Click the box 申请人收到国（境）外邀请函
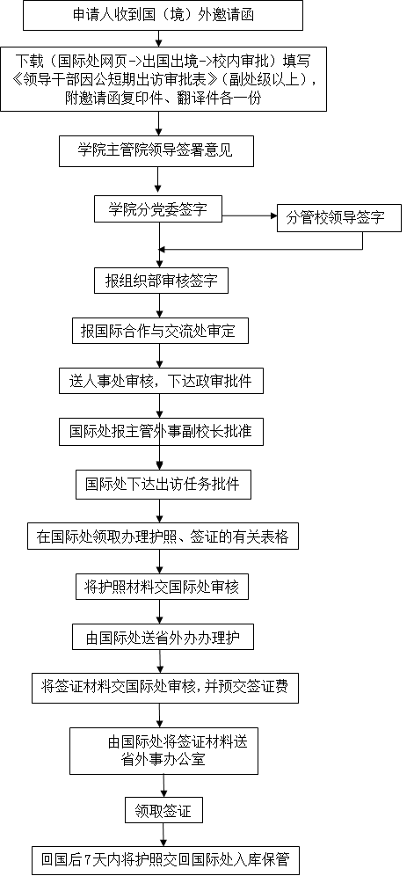coord(163,16)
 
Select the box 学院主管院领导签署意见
coord(156,151)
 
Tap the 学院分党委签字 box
coord(158,210)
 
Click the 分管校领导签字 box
coord(339,218)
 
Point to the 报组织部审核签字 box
coord(161,280)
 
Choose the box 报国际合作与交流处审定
coord(160,331)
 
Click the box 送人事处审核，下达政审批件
coord(161,382)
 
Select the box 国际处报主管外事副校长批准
coord(161,432)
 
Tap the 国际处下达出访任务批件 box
coord(163,485)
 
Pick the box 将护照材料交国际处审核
coord(162,587)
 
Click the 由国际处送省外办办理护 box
coord(163,638)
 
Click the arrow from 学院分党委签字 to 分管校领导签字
coord(250,215)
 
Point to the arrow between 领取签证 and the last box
coord(163,834)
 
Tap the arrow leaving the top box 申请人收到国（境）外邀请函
coord(159,38)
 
